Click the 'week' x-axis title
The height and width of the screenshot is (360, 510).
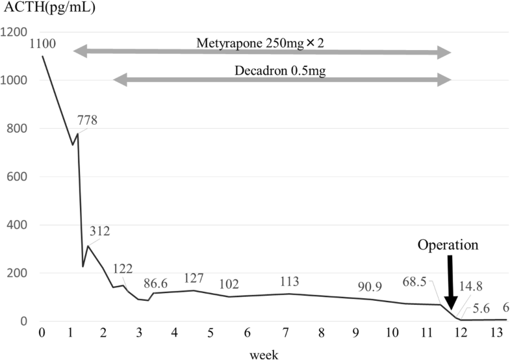tap(266, 352)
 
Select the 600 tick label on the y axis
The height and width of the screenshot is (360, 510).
tap(19, 177)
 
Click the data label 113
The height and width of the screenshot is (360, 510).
tap(289, 281)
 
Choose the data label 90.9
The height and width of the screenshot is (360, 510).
tap(370, 287)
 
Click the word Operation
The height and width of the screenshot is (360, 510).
tap(448, 246)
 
